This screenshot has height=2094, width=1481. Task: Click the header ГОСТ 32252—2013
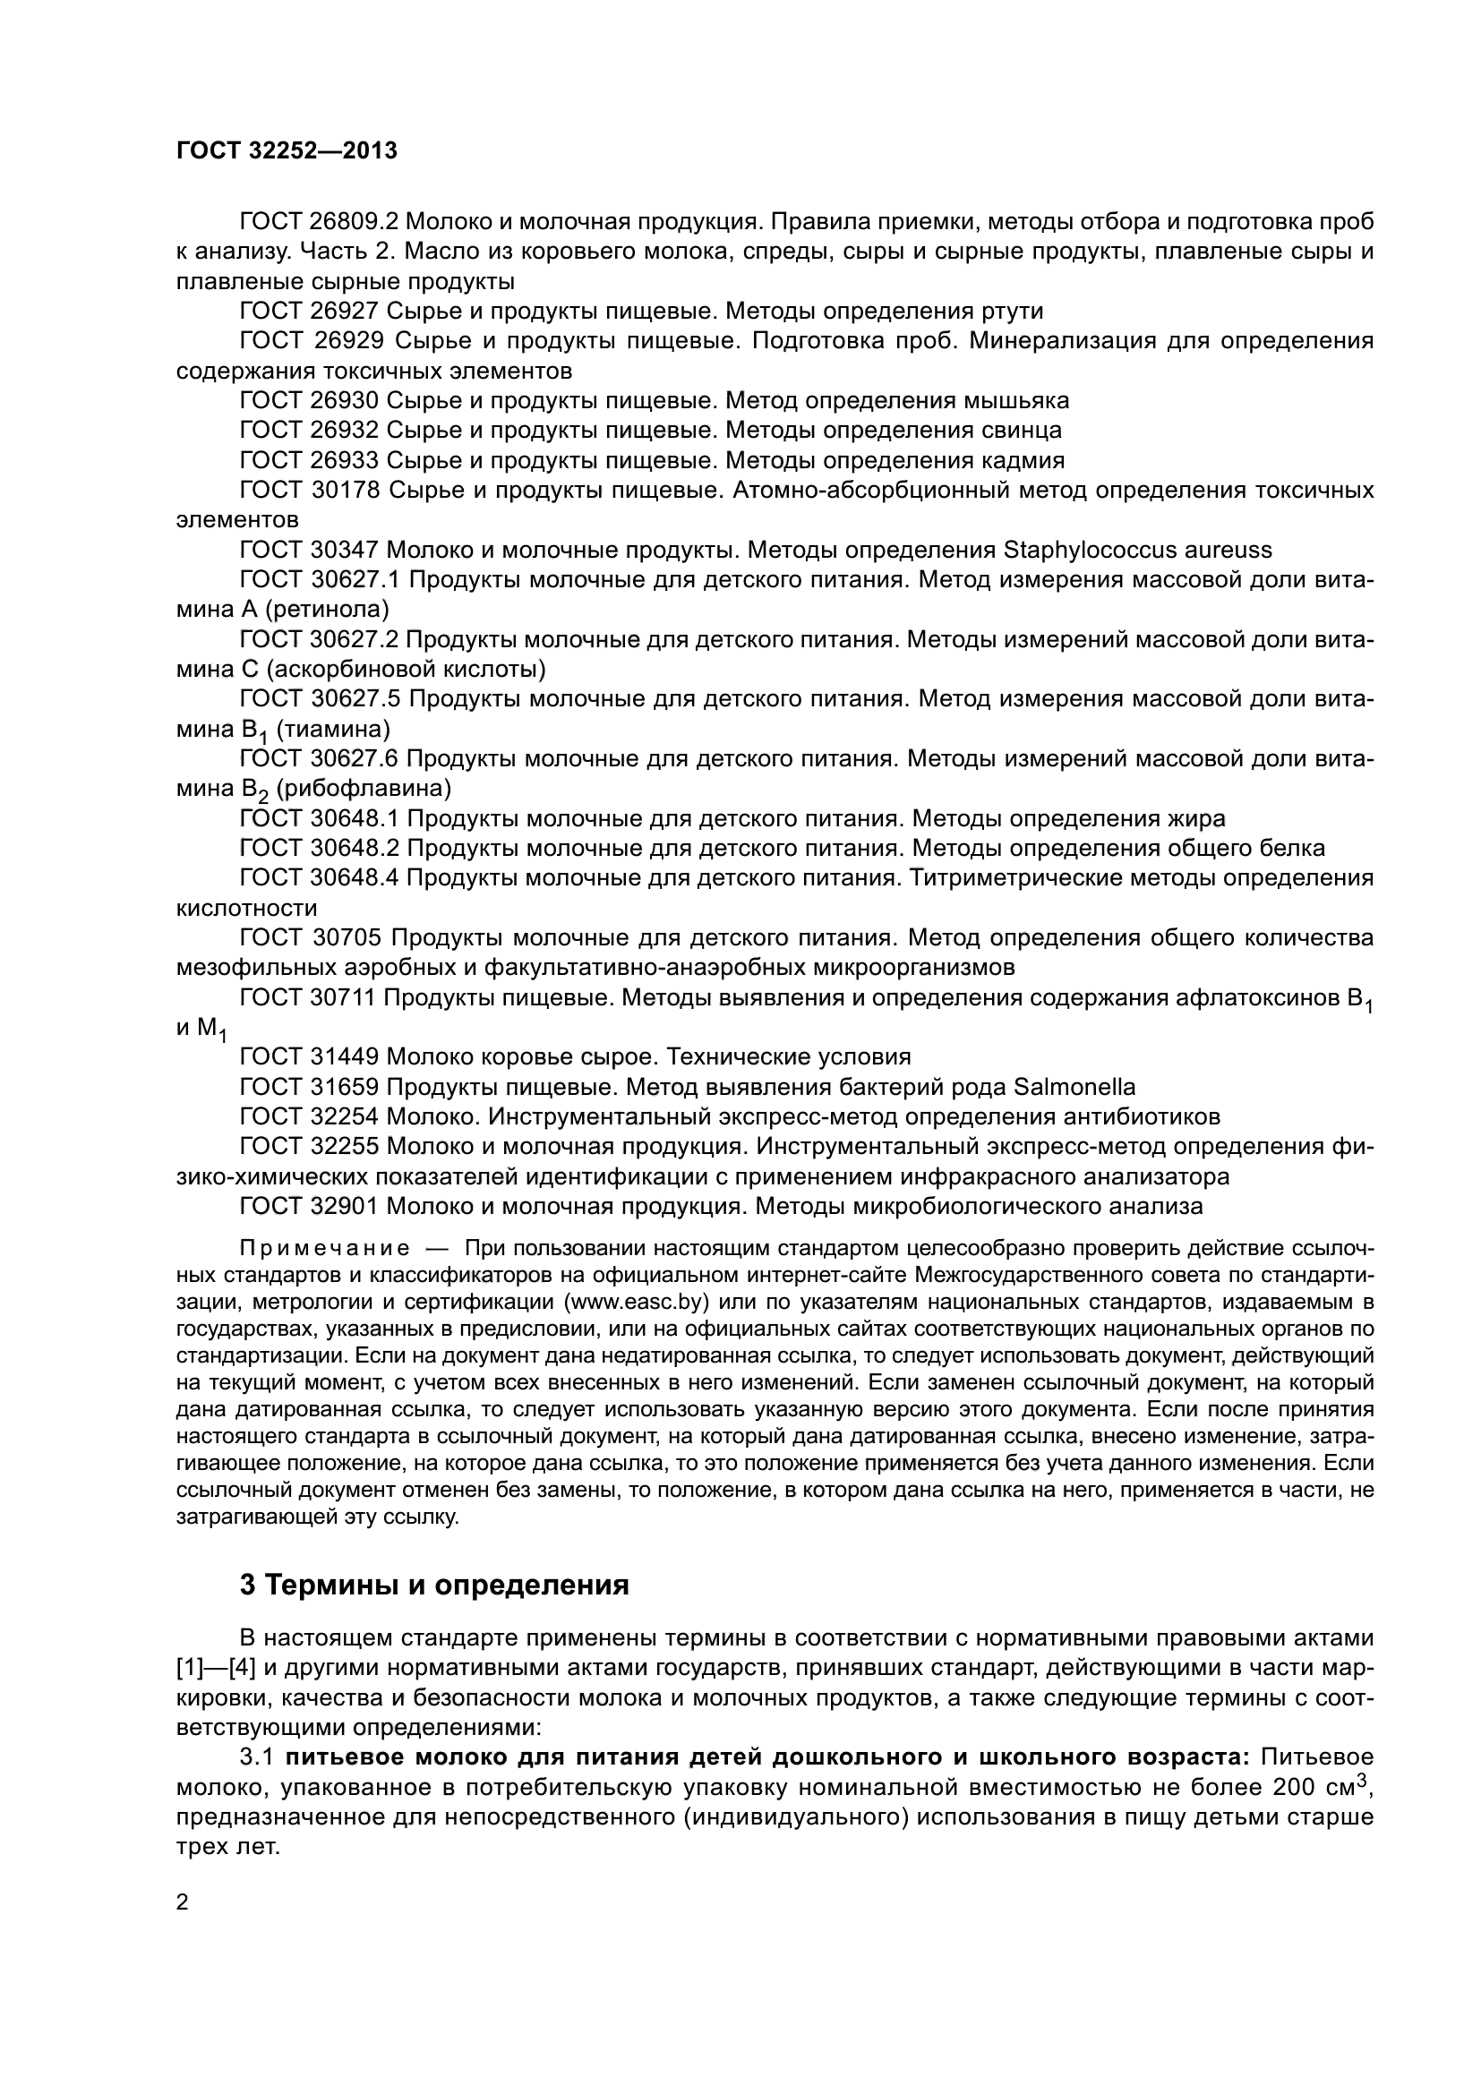coord(287,151)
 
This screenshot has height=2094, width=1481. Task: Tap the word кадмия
coord(1023,459)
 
